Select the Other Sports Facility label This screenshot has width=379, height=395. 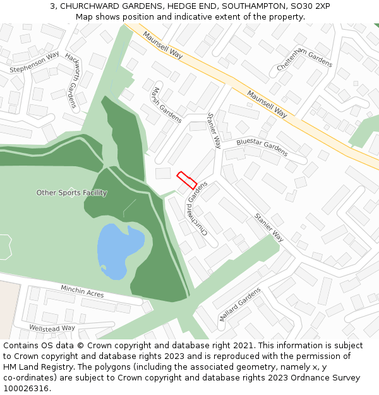71,193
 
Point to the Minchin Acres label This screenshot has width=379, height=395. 82,292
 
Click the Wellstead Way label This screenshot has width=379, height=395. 52,328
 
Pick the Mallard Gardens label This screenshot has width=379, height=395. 239,305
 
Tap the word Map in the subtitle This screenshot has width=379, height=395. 83,16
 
